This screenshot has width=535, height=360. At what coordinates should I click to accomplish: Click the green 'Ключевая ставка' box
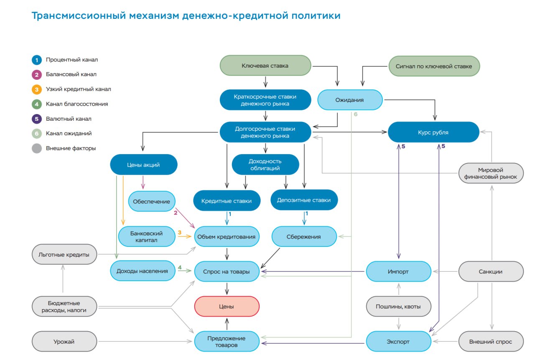click(265, 66)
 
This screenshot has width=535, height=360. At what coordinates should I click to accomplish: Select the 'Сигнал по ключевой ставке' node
click(434, 66)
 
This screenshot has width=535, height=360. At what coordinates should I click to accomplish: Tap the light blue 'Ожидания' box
click(350, 100)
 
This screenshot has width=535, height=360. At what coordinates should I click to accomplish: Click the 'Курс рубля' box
click(433, 132)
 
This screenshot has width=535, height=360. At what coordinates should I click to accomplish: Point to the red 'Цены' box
click(227, 307)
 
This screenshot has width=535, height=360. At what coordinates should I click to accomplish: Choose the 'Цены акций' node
click(143, 165)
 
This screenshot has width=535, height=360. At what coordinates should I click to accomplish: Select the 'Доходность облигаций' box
click(265, 165)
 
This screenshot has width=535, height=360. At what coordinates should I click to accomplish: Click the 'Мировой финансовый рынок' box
click(490, 173)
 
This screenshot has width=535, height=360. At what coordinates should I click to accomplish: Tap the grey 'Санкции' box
click(491, 271)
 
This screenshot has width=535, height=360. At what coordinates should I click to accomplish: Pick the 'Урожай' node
click(64, 342)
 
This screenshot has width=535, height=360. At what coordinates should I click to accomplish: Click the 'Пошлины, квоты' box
click(399, 307)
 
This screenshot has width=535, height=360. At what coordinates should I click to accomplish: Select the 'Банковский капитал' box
click(146, 237)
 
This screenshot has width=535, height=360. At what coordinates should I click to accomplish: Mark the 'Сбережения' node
click(304, 237)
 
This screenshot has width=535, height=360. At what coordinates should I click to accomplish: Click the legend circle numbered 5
click(37, 119)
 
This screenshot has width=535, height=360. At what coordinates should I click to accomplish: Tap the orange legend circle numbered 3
click(37, 89)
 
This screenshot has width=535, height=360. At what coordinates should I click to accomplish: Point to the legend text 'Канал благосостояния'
click(77, 104)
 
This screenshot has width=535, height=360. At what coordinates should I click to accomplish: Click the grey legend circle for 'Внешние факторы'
click(37, 148)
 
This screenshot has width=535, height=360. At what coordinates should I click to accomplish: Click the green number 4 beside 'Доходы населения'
click(180, 267)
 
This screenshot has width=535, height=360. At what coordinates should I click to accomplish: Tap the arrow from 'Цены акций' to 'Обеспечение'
click(143, 182)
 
